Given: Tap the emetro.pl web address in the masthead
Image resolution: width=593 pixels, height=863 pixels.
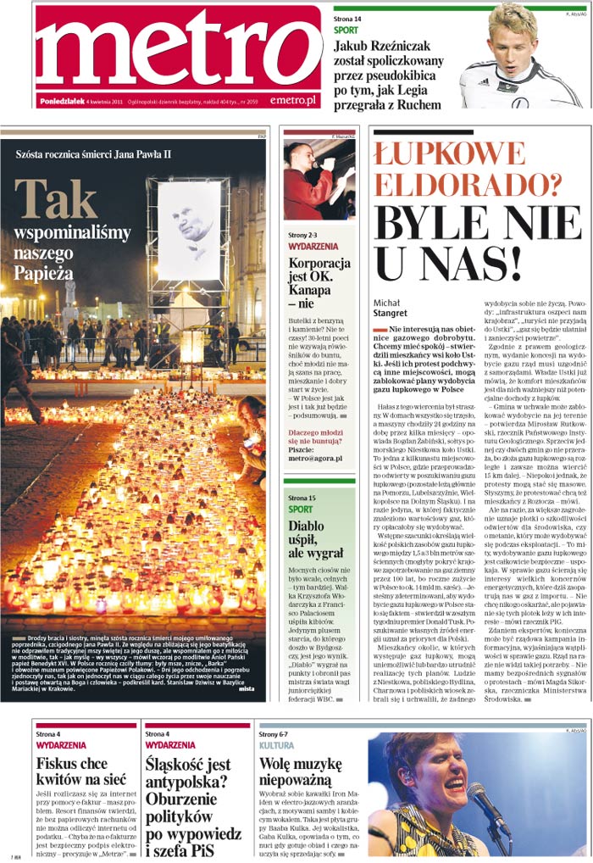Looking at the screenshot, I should click(293, 101).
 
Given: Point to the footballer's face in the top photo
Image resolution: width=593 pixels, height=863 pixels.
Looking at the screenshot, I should click(514, 36).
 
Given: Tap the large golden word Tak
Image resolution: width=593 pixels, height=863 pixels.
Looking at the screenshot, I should click(55, 199).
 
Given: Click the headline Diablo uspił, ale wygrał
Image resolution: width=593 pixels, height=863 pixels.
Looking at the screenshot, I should click(318, 540).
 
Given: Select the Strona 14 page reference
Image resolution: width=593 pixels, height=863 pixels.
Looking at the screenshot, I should click(347, 18).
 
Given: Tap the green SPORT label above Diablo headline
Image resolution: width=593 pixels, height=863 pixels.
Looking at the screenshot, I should click(300, 509).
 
